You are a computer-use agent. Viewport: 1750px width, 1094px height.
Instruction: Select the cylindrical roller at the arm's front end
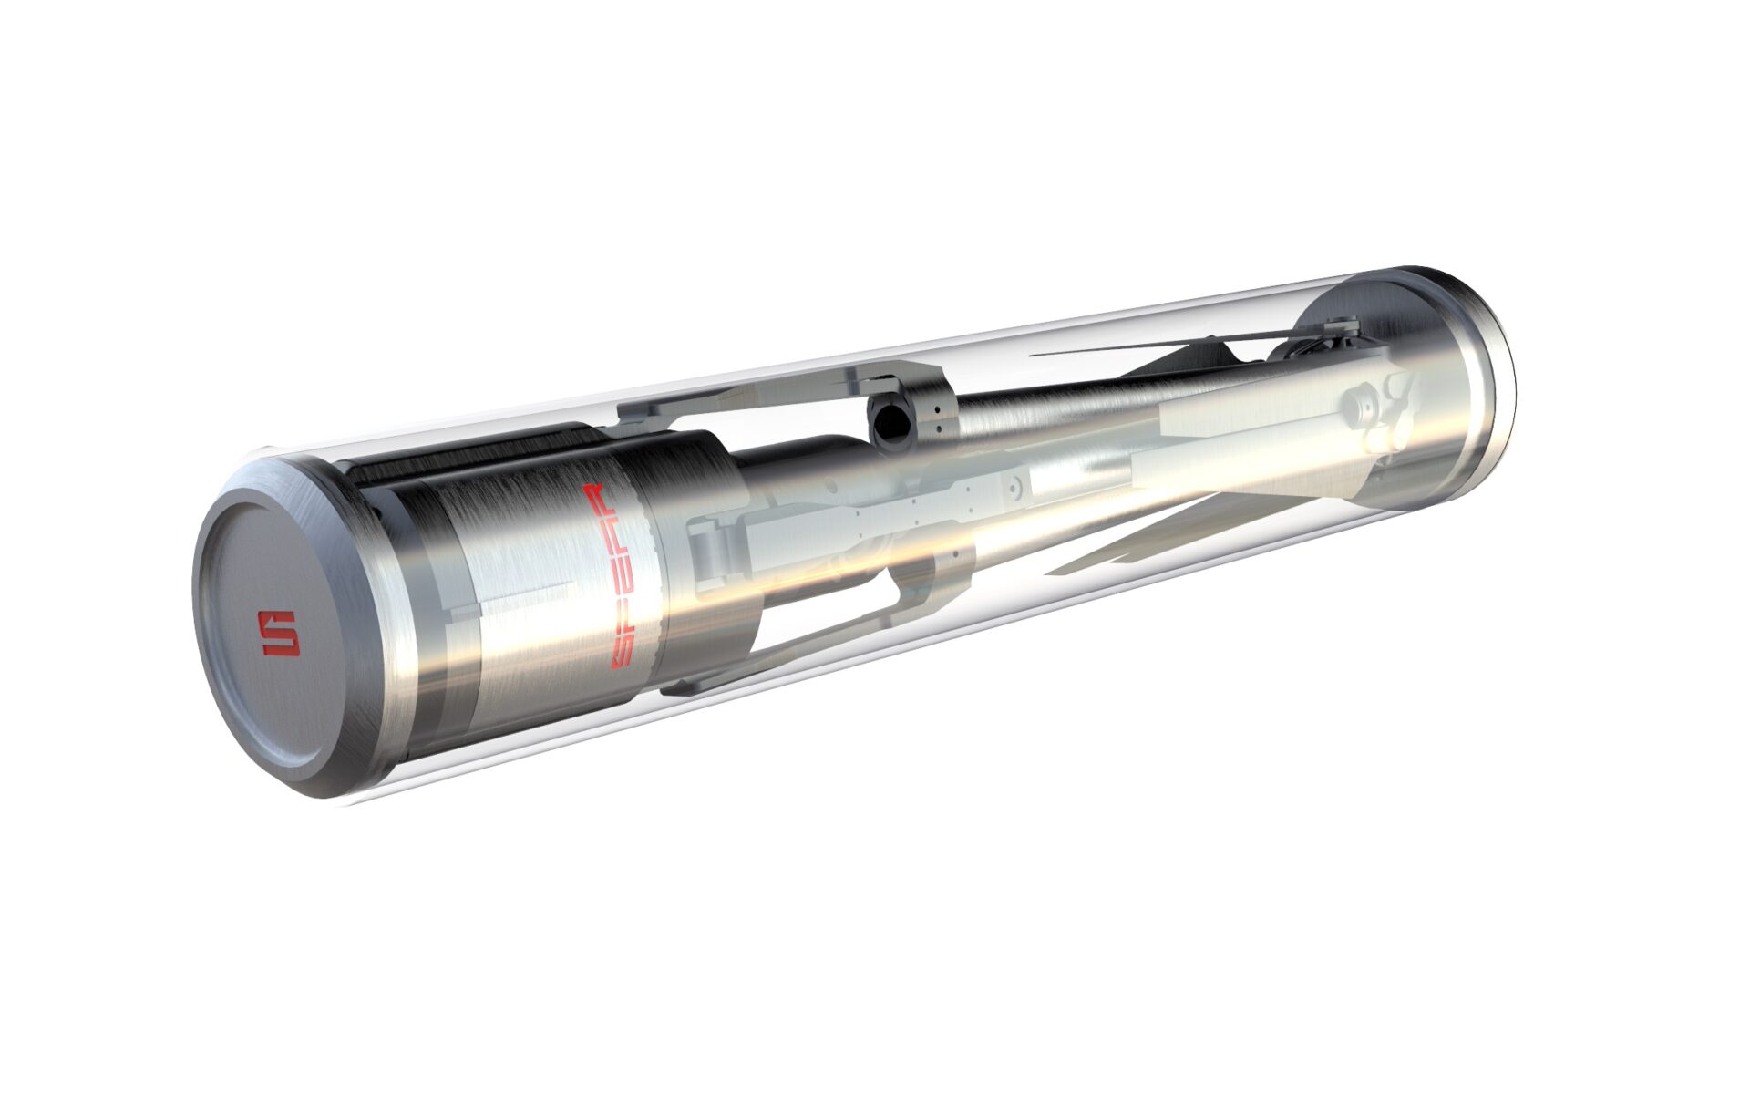[x=715, y=556]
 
